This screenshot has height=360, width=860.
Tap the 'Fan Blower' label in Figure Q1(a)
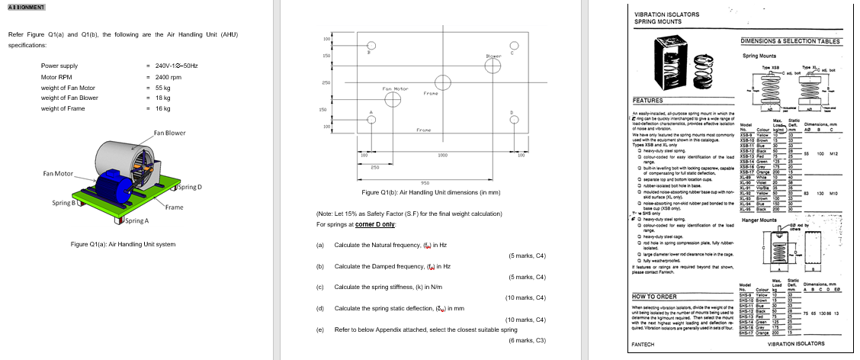[x=169, y=133]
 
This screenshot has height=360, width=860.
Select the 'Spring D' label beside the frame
[x=189, y=187]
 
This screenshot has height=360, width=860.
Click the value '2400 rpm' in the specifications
[x=168, y=77]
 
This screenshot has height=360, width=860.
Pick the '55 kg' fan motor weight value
[x=162, y=88]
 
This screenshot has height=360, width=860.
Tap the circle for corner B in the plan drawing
[x=371, y=46]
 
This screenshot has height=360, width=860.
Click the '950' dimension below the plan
[x=426, y=182]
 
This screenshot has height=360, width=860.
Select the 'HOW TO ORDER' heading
[x=655, y=296]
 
